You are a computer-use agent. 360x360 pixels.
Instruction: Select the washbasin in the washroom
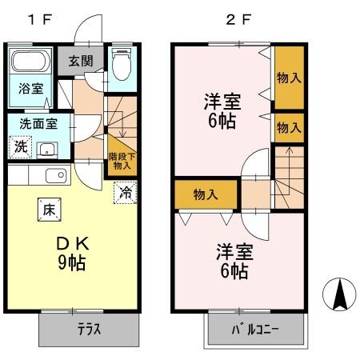[46, 148]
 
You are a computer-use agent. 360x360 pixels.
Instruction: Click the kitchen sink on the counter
[54, 177]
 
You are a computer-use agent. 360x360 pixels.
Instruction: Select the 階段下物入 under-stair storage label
[122, 160]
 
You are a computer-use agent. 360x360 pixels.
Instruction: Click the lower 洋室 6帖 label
[234, 261]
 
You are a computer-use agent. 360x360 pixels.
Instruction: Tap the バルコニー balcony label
[257, 330]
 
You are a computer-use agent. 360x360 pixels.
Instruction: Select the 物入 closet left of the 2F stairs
[206, 194]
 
